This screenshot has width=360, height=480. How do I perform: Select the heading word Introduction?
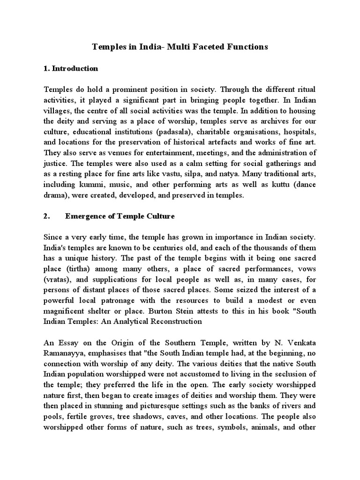75,68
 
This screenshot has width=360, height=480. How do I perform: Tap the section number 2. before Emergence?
47,216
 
